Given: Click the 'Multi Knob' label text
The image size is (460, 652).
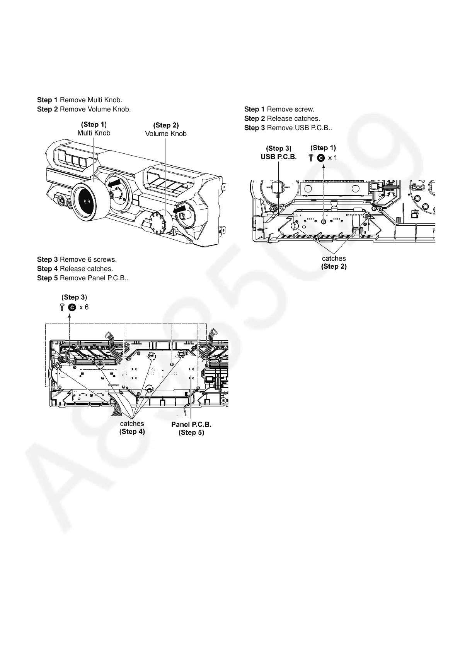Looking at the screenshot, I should point(94,133).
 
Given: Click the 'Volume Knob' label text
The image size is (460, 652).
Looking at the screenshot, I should point(166,134).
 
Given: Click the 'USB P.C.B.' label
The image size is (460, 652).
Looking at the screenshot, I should point(278,157).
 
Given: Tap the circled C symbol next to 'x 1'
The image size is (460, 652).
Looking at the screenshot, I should point(320,158).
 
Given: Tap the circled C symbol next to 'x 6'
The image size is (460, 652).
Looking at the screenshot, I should point(72,307).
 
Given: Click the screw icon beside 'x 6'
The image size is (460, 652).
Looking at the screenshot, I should point(62,307).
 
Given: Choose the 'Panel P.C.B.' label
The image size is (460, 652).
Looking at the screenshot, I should point(191,424).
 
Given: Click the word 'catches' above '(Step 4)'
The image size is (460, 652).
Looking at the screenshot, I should point(132,424).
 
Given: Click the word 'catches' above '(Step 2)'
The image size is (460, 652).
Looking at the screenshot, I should point(334,258).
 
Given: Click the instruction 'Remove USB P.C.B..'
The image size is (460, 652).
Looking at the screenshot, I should point(299,128).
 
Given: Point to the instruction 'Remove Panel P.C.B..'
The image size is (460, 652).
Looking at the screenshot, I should point(94,278).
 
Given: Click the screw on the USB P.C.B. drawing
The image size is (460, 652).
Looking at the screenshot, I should point(324,221).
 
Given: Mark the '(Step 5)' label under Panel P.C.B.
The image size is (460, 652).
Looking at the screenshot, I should point(191,432).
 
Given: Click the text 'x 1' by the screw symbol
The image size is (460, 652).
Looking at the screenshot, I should point(332,158).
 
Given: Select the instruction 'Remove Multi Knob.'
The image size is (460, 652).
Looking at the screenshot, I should point(91,100).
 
